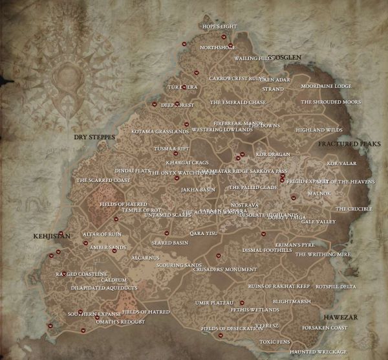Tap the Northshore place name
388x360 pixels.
tap(218, 47)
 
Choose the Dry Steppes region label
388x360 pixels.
tap(93, 138)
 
